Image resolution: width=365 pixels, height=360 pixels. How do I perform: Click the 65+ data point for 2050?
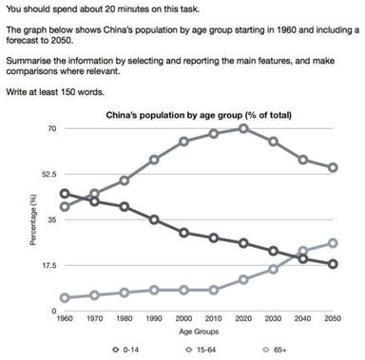point(332,242)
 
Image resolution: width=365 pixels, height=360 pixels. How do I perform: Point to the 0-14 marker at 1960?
point(64,194)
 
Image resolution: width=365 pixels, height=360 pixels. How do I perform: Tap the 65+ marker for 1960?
point(64,297)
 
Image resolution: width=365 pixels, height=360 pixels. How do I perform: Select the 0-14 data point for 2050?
point(332,264)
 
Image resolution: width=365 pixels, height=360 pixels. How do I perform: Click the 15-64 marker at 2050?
point(332,167)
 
